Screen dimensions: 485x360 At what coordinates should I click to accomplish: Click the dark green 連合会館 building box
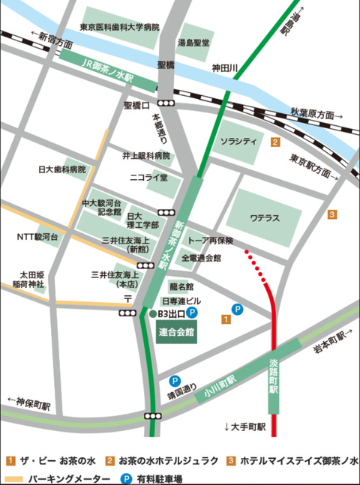point(177,331)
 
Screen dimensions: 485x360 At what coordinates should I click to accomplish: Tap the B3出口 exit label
point(171,313)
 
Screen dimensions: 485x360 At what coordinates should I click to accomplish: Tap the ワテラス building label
point(265,218)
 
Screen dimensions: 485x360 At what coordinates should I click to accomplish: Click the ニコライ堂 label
point(148,178)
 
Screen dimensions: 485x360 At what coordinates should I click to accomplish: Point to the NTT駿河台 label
point(37,237)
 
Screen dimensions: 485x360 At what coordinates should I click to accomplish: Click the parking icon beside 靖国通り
point(175,381)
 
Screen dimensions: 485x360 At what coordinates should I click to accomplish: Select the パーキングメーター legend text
point(62,477)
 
